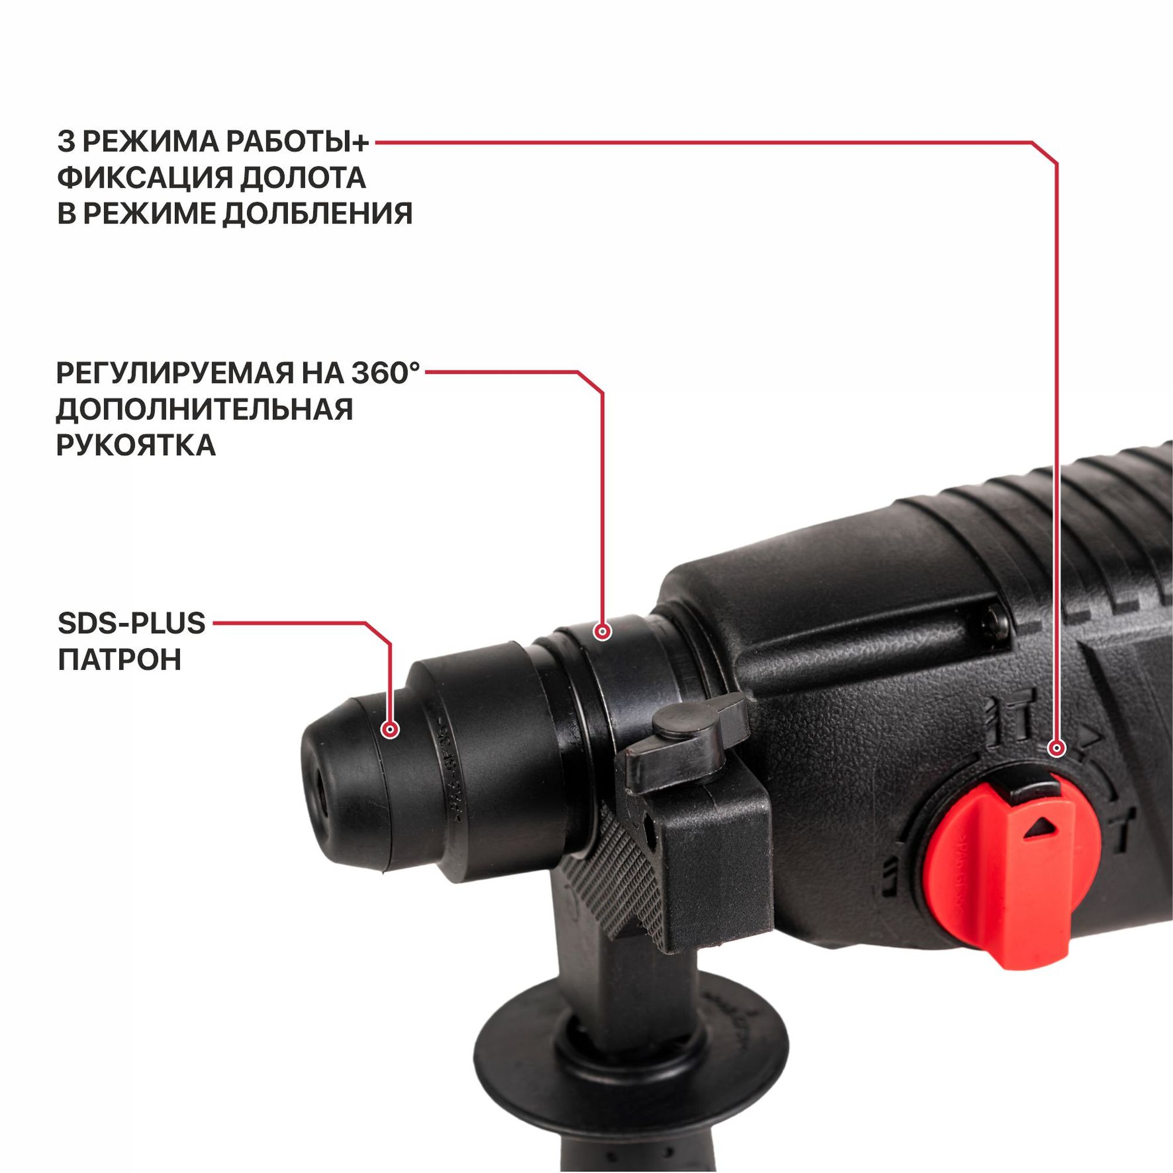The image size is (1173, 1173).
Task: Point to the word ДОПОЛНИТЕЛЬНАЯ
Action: click(205, 409)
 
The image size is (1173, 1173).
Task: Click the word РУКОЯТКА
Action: click(136, 445)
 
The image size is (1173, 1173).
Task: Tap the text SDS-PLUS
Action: click(132, 623)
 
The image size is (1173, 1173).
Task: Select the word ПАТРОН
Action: click(120, 659)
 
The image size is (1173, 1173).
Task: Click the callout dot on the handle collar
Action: click(602, 632)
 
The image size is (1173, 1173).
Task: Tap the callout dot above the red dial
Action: click(1057, 748)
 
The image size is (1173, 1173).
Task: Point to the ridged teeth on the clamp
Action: click(613, 874)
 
